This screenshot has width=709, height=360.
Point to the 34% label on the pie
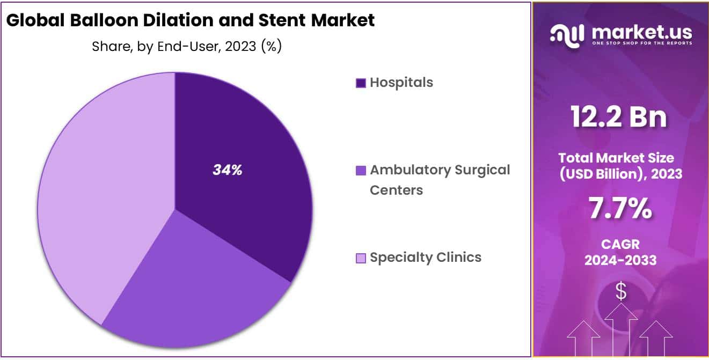click(x=228, y=170)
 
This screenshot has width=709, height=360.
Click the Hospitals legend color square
click(x=361, y=83)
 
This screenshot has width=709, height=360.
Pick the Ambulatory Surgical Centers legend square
click(x=361, y=171)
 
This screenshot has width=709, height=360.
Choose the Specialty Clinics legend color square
click(x=361, y=259)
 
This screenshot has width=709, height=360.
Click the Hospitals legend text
click(x=401, y=83)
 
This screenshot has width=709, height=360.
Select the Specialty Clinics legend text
click(x=426, y=258)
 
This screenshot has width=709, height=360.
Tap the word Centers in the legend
click(x=396, y=190)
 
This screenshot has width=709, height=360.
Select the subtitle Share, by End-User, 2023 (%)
click(x=187, y=47)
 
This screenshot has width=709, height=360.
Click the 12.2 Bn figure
click(x=619, y=117)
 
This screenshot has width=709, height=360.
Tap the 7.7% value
click(x=620, y=209)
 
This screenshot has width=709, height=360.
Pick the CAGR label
click(x=620, y=245)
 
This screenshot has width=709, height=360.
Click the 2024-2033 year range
click(x=620, y=260)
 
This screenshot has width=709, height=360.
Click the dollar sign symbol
click(x=621, y=291)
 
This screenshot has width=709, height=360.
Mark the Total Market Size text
click(x=620, y=158)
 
